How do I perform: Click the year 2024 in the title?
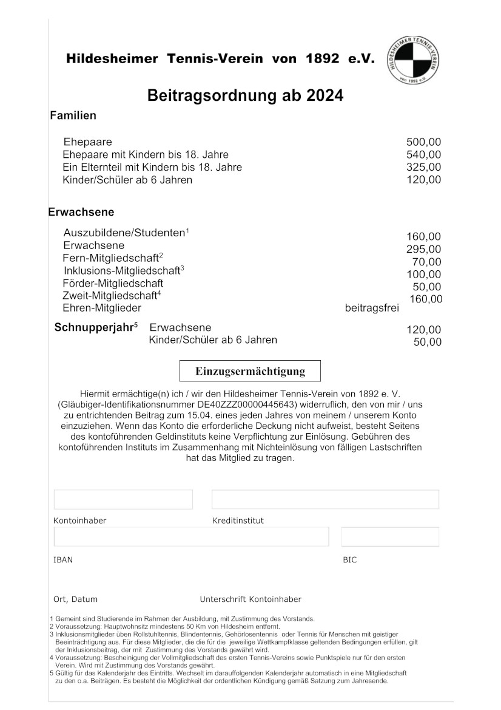[x=324, y=96]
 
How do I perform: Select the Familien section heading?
[x=73, y=115]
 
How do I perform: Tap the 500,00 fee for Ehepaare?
[x=423, y=142]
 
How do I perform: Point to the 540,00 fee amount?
[x=423, y=155]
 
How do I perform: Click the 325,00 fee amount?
[x=423, y=167]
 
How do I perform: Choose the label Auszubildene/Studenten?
[x=124, y=233]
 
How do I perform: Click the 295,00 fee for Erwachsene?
[x=423, y=250]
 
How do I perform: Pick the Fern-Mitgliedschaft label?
[x=110, y=258]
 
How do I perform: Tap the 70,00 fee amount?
[x=427, y=262]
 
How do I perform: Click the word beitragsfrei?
[x=372, y=308]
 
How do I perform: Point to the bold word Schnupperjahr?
[x=94, y=327]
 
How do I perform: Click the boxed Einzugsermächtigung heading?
[x=250, y=371]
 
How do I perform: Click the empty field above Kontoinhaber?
[x=123, y=499]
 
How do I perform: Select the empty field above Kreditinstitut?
[x=325, y=499]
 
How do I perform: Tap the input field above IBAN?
[x=191, y=537]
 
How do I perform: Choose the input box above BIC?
[x=390, y=537]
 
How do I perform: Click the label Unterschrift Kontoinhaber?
[x=250, y=599]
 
